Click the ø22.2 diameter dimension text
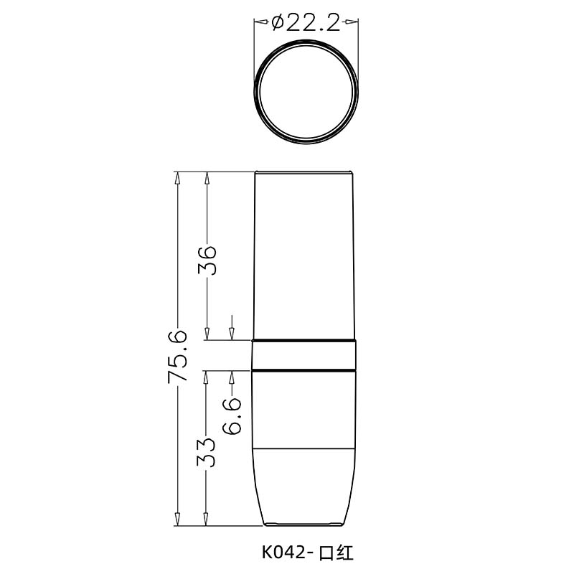tap(306, 24)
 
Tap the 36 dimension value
tap(207, 260)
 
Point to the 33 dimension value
tap(207, 451)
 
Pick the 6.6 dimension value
tap(232, 416)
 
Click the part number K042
tap(283, 552)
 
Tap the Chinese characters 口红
tap(336, 552)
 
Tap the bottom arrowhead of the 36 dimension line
tap(207, 334)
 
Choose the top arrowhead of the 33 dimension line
tap(207, 376)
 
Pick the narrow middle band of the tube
tap(305, 355)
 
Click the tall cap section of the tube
tap(305, 255)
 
